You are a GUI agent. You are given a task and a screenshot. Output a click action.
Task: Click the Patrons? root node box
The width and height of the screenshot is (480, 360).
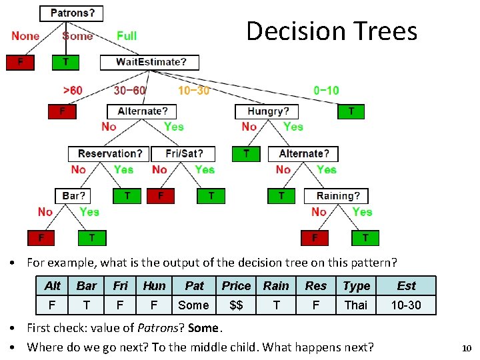pos(72,13)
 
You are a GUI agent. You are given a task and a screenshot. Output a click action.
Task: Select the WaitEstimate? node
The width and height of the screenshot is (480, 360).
pos(150,62)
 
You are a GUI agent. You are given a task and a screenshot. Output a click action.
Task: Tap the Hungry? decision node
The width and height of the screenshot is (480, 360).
pos(268,111)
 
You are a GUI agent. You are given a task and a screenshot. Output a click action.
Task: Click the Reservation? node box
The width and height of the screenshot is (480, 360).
pos(109,154)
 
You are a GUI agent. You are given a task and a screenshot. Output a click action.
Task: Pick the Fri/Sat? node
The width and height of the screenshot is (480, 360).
pos(183,154)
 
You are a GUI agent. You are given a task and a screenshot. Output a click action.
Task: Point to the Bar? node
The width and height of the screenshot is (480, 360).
pos(73,196)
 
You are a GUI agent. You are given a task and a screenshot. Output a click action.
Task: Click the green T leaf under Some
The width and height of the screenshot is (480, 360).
pos(65,62)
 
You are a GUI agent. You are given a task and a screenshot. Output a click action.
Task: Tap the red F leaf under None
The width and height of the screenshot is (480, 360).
pos(20,62)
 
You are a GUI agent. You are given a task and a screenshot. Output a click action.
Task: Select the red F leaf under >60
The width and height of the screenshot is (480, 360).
pos(62,111)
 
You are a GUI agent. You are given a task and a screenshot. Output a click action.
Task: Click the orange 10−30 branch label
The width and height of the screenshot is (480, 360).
pos(193,90)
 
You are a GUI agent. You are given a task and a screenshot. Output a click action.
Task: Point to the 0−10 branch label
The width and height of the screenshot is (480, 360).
pos(326,90)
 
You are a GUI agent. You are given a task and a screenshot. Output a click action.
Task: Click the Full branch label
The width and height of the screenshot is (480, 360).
pos(127,36)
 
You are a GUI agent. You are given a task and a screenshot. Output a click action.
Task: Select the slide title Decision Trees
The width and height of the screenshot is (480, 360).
pos(331,31)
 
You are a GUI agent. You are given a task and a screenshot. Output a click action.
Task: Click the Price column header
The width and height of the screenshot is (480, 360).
pos(236,286)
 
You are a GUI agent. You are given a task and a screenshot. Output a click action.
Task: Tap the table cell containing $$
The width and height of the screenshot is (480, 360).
pos(236,305)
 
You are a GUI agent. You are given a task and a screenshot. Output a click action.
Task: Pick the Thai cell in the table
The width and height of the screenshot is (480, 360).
pos(356,305)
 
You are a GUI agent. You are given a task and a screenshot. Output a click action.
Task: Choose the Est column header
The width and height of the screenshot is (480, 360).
pos(406,286)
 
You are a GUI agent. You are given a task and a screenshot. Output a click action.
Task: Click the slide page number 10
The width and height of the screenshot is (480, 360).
pos(466,348)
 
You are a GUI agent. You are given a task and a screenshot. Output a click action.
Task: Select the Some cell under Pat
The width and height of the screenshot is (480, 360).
pos(194,305)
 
